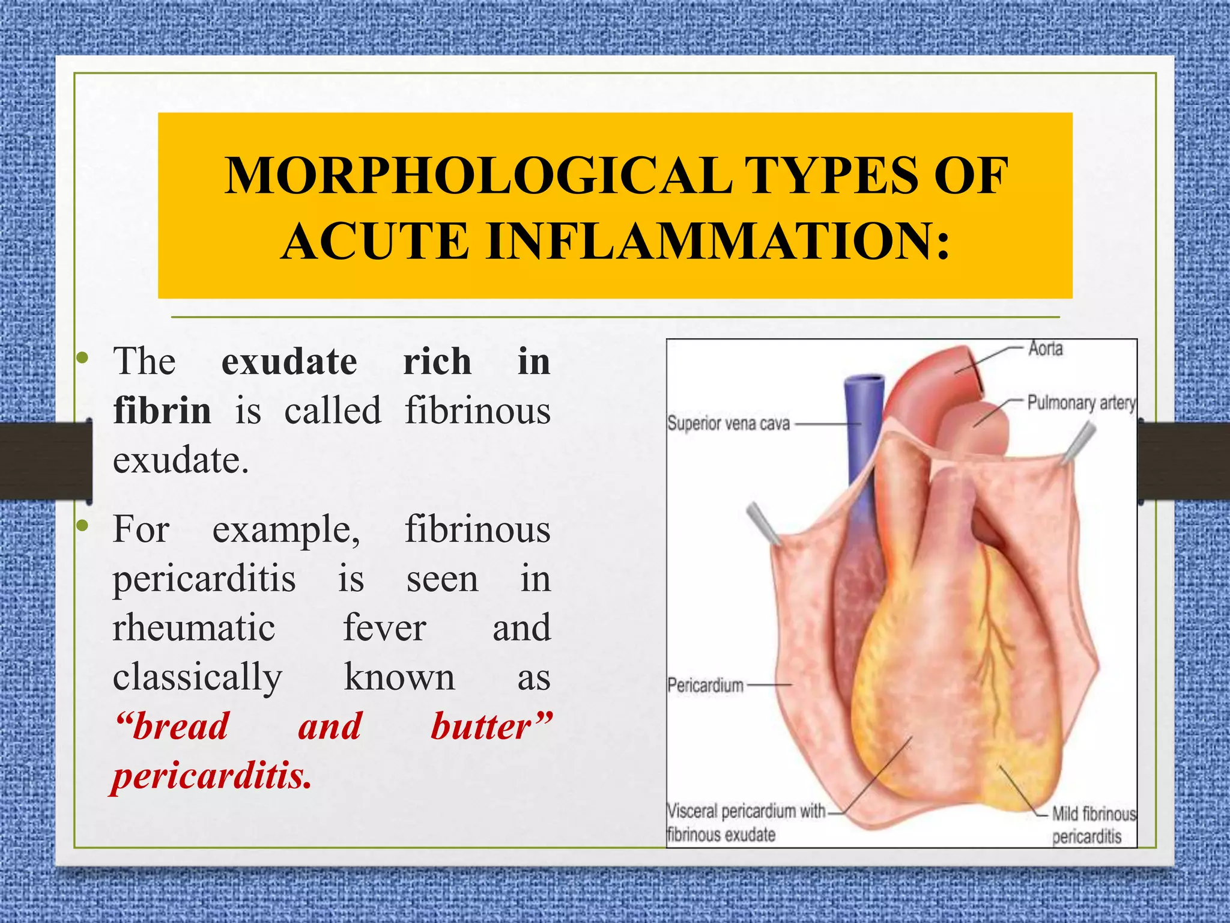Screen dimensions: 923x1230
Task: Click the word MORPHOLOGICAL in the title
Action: [x=478, y=176]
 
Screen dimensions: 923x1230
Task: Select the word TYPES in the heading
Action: [x=833, y=176]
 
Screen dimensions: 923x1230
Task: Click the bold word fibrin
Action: [x=162, y=411]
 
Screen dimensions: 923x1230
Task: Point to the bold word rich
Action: [x=437, y=362]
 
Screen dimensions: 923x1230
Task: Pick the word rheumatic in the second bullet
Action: [x=194, y=628]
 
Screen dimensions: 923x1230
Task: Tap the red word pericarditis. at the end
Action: [x=212, y=776]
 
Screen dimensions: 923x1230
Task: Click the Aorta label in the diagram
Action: [x=1045, y=349]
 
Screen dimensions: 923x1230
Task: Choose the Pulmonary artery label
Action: [x=1081, y=403]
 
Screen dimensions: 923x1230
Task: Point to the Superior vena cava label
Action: [x=728, y=424]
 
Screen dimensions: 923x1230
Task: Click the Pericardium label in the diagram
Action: [x=705, y=685]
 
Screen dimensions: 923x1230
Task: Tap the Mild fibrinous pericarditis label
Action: [x=1093, y=825]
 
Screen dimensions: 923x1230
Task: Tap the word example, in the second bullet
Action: [x=286, y=531]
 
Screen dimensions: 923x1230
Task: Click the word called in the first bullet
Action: [x=333, y=411]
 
